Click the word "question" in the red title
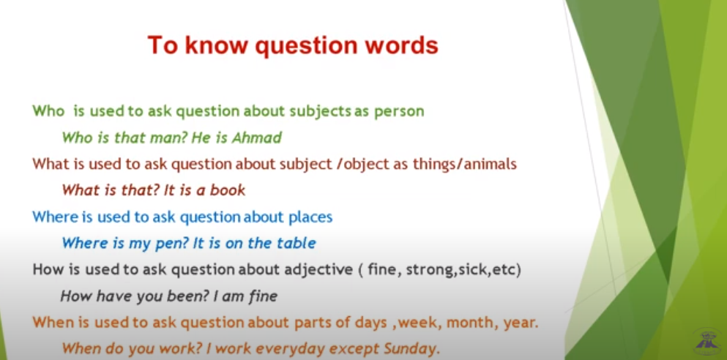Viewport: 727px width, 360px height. click(x=302, y=46)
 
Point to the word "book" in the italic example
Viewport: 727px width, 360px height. click(x=228, y=190)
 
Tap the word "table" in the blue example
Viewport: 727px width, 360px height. click(x=297, y=243)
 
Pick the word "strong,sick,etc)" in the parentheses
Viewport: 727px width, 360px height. click(x=463, y=270)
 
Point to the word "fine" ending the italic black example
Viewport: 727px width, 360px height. click(x=263, y=296)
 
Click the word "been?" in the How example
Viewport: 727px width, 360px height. click(x=187, y=296)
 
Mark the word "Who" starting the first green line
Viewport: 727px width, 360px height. click(x=48, y=111)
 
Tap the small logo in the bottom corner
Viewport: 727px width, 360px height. click(x=707, y=342)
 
